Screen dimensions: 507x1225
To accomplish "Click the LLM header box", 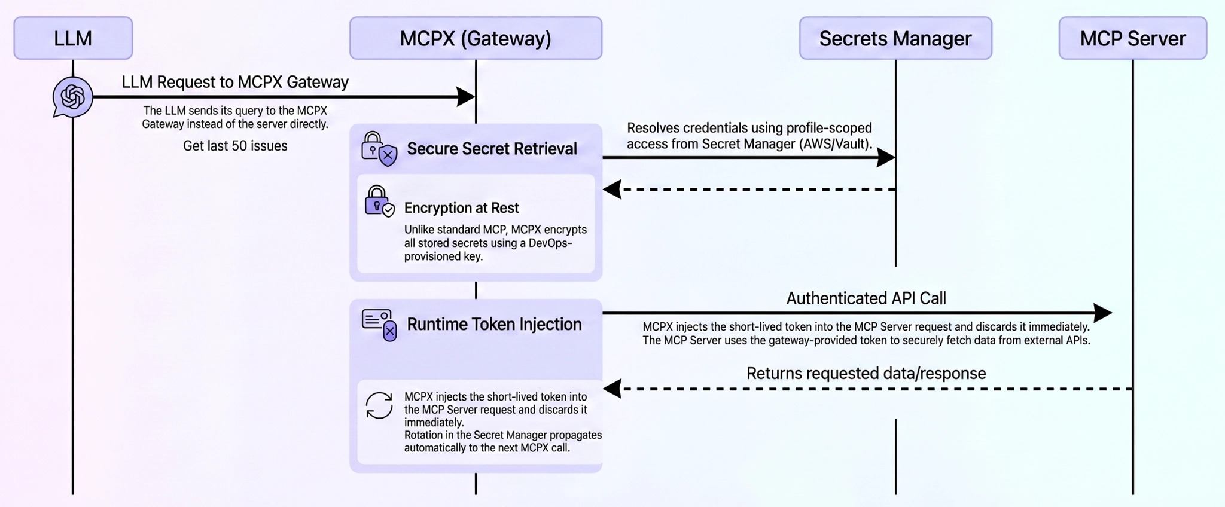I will coord(73,38).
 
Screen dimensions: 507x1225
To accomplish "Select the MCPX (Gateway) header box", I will coord(476,38).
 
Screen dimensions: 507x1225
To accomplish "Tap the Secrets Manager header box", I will coord(895,38).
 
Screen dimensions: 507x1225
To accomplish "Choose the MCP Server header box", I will coord(1132,38).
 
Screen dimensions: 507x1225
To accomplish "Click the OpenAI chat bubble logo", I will coord(72,97).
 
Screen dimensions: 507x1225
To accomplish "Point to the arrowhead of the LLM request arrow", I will coord(466,97).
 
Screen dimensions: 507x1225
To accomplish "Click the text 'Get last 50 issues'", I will coord(235,146).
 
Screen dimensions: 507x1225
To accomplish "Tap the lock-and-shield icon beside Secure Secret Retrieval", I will coord(379,149).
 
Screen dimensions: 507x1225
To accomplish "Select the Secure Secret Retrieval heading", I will coord(492,149).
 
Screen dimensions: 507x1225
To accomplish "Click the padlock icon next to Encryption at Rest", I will coord(379,201).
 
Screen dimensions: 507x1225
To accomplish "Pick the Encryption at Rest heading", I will coord(461,208).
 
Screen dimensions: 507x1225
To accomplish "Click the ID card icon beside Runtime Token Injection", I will coord(379,325).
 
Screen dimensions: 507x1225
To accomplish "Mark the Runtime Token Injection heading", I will coord(494,325).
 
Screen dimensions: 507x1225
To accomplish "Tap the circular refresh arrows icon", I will coord(379,405).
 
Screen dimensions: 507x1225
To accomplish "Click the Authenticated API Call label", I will coord(866,298).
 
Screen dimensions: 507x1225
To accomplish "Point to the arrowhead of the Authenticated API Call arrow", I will coord(1102,313).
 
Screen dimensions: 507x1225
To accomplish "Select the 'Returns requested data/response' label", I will coord(866,374).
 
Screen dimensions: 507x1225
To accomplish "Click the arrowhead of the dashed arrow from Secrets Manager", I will coord(612,190).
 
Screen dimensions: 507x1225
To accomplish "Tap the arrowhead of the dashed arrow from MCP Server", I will coord(612,389).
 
